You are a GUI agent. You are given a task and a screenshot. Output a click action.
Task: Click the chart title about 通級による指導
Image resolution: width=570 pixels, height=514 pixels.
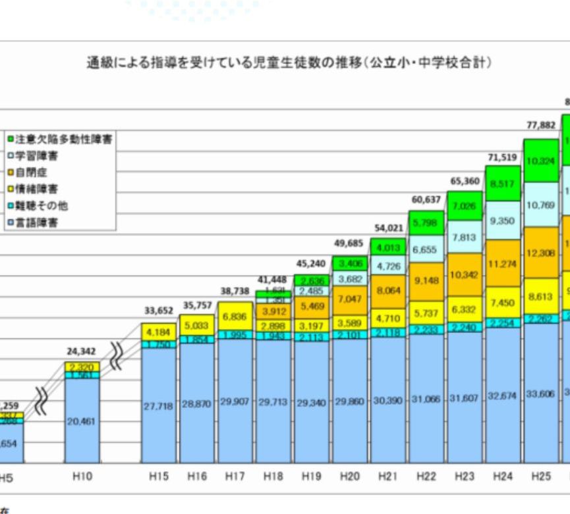[290, 64]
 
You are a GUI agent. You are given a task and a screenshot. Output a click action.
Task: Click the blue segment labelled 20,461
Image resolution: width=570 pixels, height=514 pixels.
[82, 421]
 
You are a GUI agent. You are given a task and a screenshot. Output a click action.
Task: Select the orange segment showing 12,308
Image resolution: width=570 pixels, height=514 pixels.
[540, 253]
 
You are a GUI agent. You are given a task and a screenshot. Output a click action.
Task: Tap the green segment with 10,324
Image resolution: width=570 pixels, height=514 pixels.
[540, 161]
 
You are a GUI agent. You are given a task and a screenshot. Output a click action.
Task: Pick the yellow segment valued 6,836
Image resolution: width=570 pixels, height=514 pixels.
[235, 317]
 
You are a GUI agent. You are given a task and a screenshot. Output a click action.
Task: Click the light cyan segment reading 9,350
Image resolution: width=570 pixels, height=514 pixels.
[502, 221]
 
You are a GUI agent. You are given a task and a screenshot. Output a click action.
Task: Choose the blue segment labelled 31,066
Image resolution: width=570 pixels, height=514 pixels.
[426, 401]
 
